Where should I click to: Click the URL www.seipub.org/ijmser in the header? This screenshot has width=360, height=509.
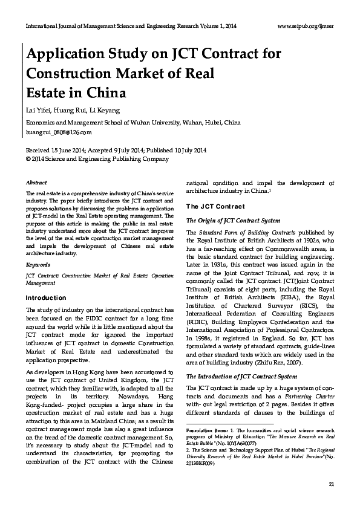305,27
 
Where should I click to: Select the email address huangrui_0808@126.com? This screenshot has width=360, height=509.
59,132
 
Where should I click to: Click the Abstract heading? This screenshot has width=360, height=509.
38,182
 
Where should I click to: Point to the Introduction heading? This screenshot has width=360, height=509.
46,297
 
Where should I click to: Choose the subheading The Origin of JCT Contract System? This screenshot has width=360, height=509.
233,221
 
